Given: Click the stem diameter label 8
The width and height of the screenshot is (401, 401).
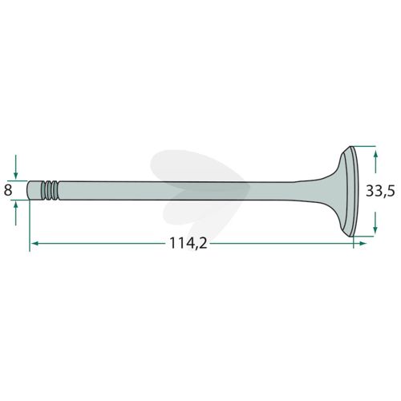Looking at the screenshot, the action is click(x=8, y=191).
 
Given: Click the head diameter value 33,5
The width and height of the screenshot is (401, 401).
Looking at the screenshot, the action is click(x=380, y=192).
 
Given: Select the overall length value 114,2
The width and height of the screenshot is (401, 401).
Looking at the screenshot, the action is click(x=188, y=244).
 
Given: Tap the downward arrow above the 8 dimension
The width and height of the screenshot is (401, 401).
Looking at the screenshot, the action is click(x=16, y=167).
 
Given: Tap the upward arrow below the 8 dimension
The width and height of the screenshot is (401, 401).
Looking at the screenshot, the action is click(x=16, y=213).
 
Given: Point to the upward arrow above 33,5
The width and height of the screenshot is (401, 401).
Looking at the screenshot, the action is click(x=376, y=162).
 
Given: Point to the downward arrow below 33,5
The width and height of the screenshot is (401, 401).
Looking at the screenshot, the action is click(x=375, y=222).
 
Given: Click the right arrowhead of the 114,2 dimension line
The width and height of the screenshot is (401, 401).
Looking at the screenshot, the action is click(x=363, y=243).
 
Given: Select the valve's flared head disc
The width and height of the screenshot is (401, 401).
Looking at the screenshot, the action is click(x=348, y=192).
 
